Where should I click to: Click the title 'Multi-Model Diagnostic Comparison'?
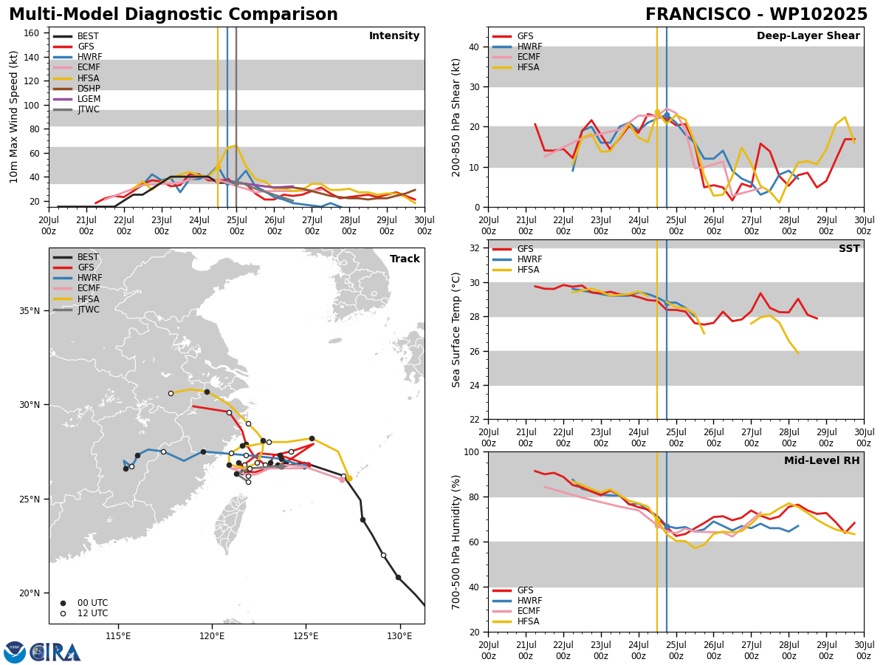(174, 15)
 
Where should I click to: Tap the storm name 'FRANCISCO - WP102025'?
(757, 15)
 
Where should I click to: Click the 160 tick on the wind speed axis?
(32, 33)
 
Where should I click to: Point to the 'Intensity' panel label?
(394, 36)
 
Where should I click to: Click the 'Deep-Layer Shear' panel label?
(808, 36)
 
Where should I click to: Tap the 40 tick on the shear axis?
(474, 47)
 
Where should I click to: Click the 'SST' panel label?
(849, 249)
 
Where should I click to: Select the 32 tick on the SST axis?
(474, 248)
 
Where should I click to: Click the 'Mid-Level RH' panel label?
(822, 460)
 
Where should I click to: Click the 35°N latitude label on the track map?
(30, 311)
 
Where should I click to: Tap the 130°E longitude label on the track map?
(399, 637)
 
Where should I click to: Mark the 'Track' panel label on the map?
(405, 259)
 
